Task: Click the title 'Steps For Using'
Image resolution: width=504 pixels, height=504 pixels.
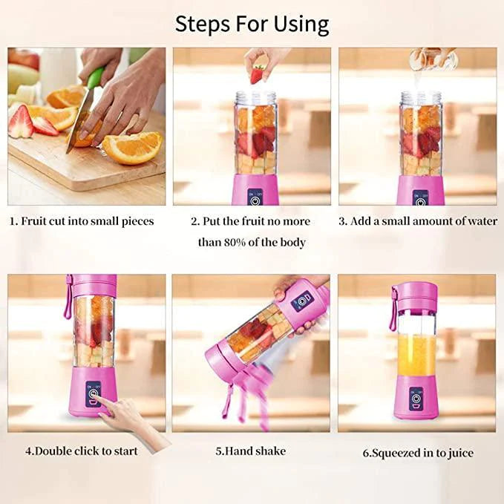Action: (x=252, y=24)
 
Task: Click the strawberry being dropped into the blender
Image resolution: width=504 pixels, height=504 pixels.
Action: (x=257, y=74)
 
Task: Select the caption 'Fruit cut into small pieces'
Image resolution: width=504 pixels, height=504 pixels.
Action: (x=82, y=221)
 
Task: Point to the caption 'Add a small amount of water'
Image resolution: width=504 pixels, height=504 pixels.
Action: (x=418, y=221)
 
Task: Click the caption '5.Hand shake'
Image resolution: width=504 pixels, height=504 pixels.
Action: (x=250, y=451)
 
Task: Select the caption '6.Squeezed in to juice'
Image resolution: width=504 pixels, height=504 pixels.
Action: (x=418, y=452)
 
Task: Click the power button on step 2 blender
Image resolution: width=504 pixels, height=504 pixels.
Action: (x=255, y=200)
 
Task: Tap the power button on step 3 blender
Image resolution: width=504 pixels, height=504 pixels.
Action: (x=420, y=200)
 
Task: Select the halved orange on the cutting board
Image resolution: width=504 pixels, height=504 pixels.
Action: (x=132, y=147)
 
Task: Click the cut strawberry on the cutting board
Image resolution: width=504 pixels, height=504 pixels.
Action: (x=20, y=122)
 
